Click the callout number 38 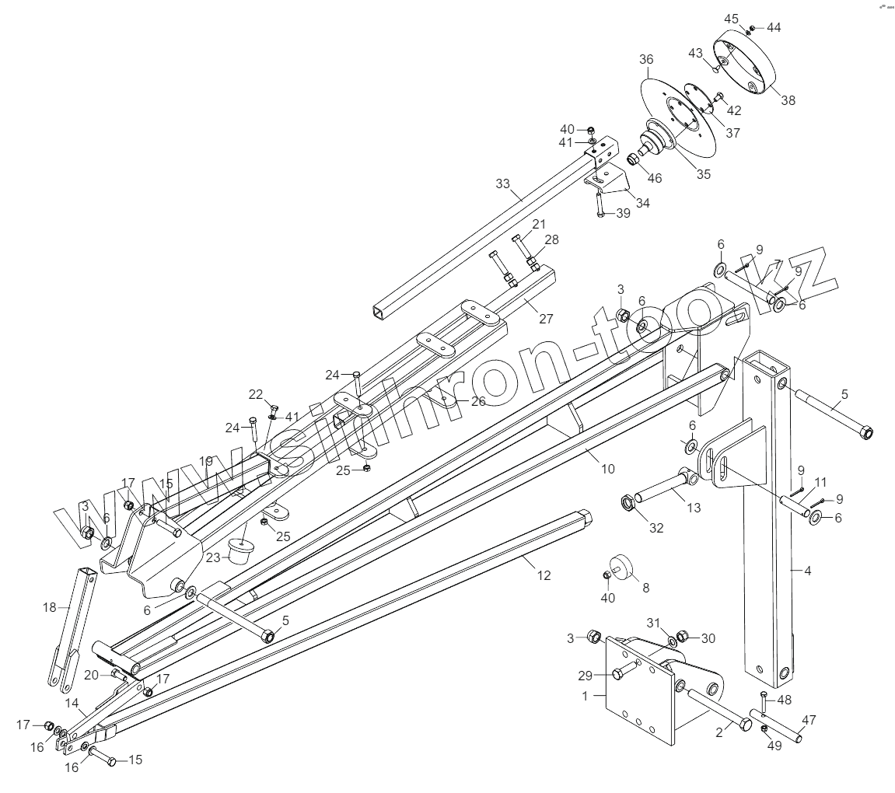coord(788,100)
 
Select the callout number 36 coord(646,59)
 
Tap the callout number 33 coord(503,183)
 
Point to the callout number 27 coord(546,318)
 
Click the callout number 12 coord(544,575)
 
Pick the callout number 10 coord(607,469)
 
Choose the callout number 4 coord(807,571)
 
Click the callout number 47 coord(809,720)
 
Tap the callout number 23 coord(213,557)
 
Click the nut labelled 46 coord(633,160)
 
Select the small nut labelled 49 coord(764,728)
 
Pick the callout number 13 coord(694,508)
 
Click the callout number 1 coord(585,696)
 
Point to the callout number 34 coord(642,203)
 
